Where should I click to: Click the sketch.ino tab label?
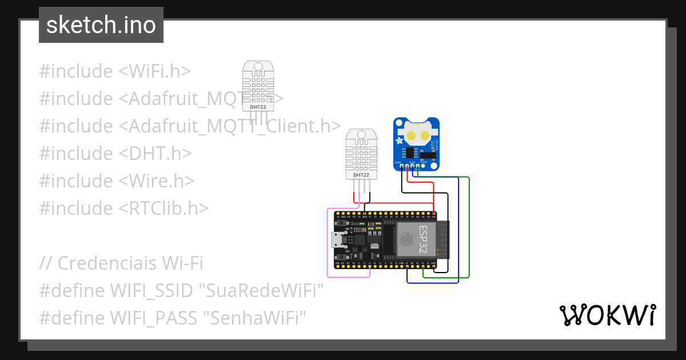tap(101, 25)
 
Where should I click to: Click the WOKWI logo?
tap(607, 315)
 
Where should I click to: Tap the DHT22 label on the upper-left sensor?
tap(258, 107)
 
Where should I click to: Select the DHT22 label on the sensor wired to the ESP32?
tap(361, 175)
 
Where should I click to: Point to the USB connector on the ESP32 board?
tap(338, 240)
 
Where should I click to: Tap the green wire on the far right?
tap(469, 229)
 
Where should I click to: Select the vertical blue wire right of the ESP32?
tap(458, 229)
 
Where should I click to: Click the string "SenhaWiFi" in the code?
tap(255, 318)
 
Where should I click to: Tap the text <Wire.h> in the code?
tap(157, 181)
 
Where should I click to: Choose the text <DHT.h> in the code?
tap(155, 154)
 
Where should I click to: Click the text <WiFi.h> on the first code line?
tap(154, 71)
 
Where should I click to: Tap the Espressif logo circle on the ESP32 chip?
tap(406, 239)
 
